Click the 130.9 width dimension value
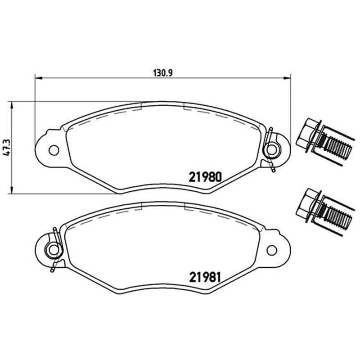pyautogui.click(x=162, y=73)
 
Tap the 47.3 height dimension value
pyautogui.click(x=6, y=148)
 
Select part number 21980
pyautogui.click(x=205, y=177)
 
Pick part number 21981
pyautogui.click(x=205, y=277)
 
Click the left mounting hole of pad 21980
pyautogui.click(x=54, y=150)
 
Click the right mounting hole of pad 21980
pyautogui.click(x=272, y=150)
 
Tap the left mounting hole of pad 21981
pyautogui.click(x=54, y=250)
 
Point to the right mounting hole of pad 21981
pyautogui.click(x=272, y=250)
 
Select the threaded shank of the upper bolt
pyautogui.click(x=337, y=148)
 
